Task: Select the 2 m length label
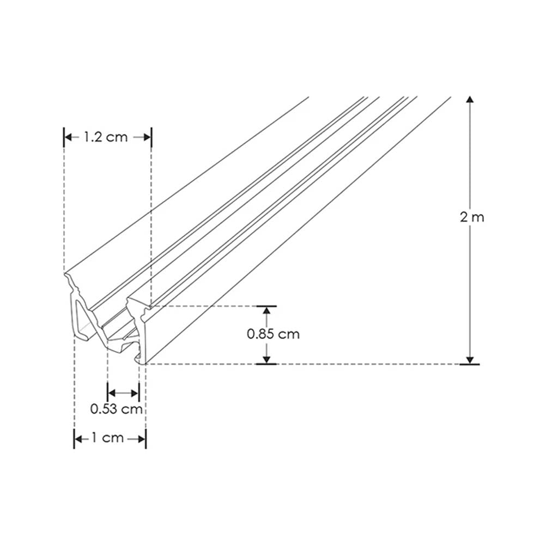pyautogui.click(x=472, y=217)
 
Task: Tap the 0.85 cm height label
pyautogui.click(x=273, y=334)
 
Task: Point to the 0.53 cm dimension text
pyautogui.click(x=117, y=409)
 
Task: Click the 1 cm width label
pyautogui.click(x=109, y=438)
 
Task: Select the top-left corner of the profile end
pyautogui.click(x=65, y=274)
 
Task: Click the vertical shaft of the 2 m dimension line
pyautogui.click(x=470, y=163)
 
